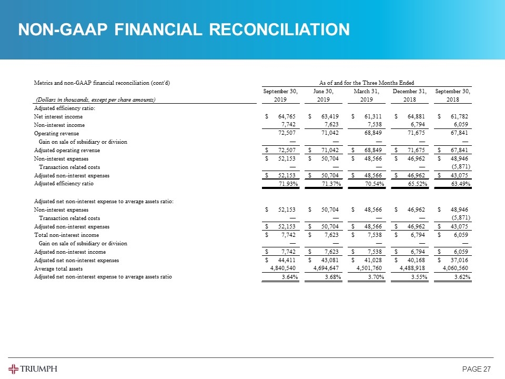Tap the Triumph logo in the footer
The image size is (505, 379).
(x=33, y=368)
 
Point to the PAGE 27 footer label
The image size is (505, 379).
(x=476, y=368)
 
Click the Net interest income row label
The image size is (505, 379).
(x=58, y=116)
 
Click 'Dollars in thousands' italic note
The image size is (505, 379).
(x=95, y=99)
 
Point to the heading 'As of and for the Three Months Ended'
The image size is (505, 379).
(x=367, y=83)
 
